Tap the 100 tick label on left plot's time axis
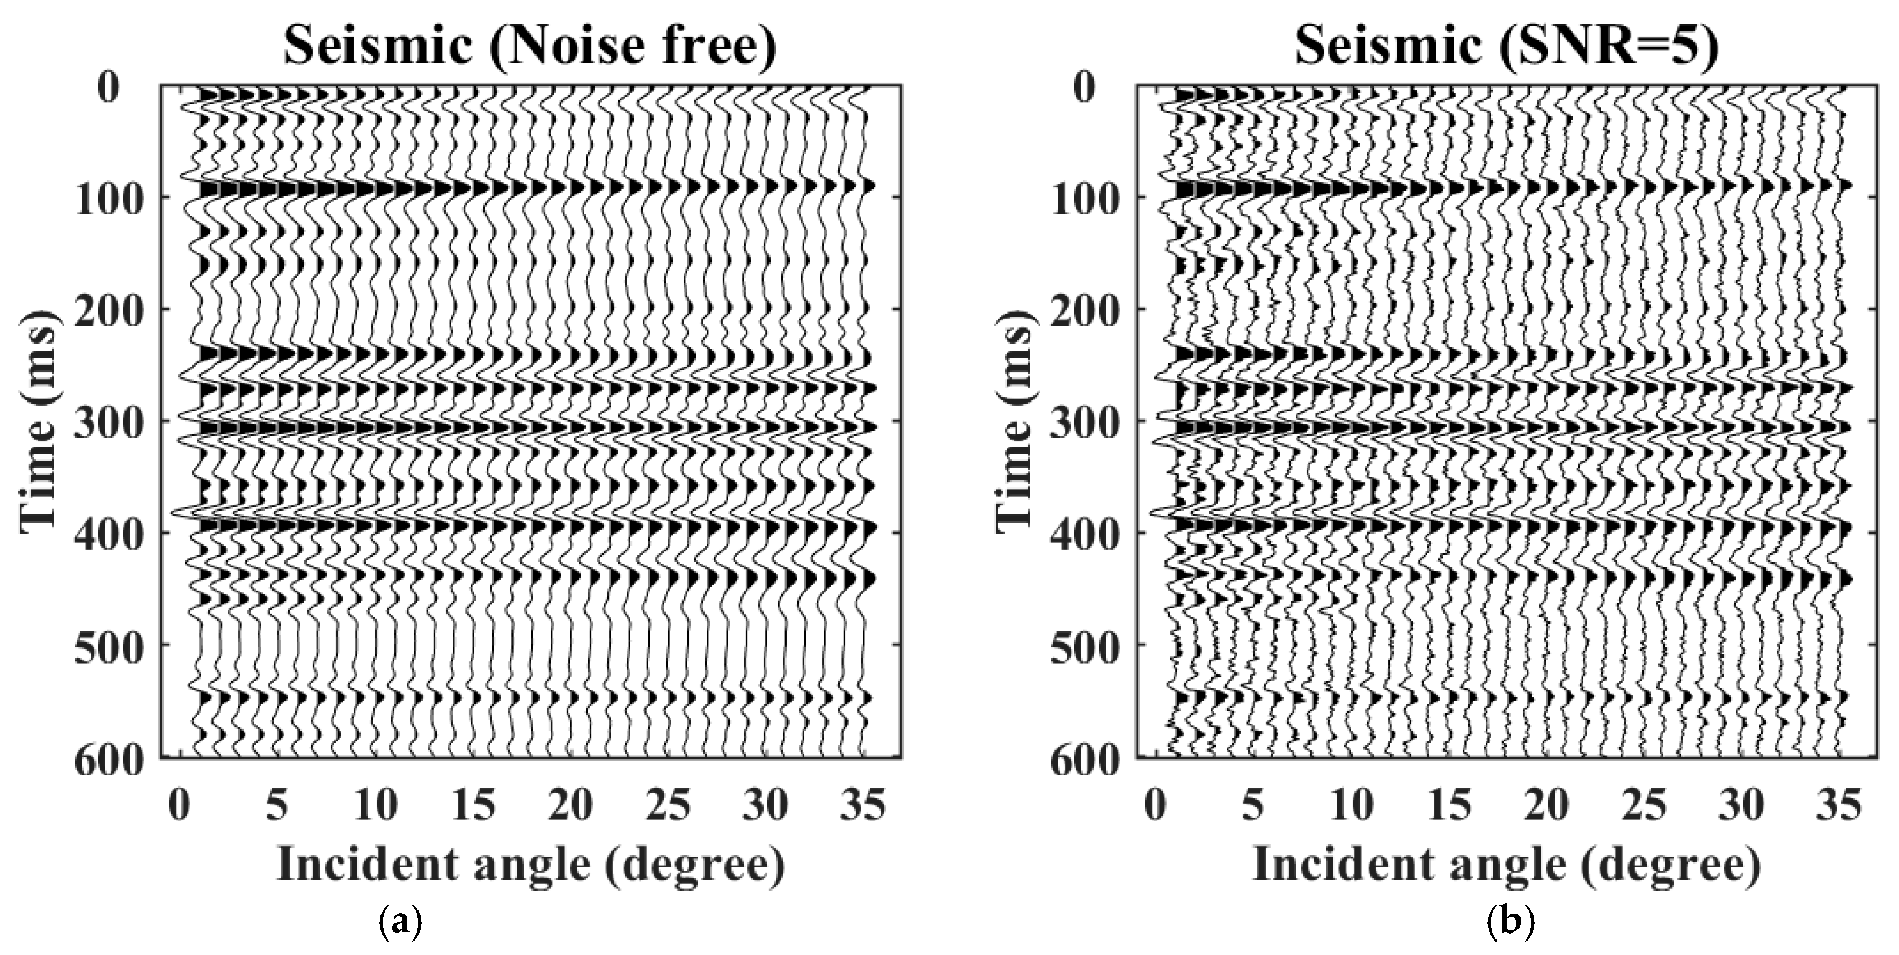point(108,198)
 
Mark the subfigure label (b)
point(1506,921)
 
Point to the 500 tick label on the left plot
point(108,646)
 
